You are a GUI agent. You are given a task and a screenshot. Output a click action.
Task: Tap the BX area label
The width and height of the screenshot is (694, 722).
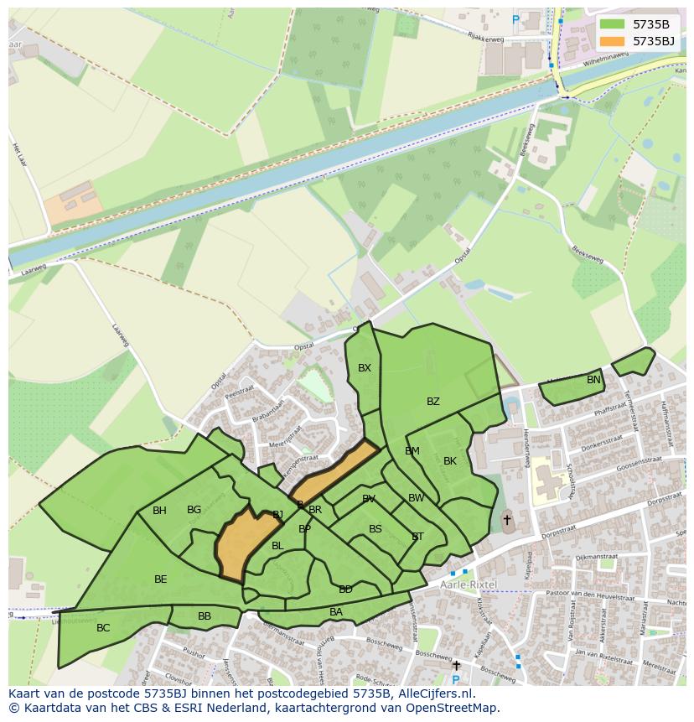pyautogui.click(x=364, y=368)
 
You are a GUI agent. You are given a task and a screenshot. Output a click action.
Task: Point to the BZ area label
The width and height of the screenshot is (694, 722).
pyautogui.click(x=432, y=402)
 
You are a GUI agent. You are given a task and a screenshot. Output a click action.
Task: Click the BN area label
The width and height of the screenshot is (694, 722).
pyautogui.click(x=593, y=380)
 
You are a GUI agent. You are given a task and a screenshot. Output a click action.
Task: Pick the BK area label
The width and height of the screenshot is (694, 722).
pyautogui.click(x=450, y=461)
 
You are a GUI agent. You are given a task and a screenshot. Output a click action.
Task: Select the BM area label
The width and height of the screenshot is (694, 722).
pyautogui.click(x=412, y=451)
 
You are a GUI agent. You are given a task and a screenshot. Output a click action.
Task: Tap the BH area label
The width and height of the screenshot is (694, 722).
pyautogui.click(x=159, y=511)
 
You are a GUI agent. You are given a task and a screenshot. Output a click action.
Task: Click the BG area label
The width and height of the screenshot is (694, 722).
pyautogui.click(x=194, y=510)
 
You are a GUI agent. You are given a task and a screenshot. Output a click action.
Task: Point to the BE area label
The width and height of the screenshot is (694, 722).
pyautogui.click(x=160, y=579)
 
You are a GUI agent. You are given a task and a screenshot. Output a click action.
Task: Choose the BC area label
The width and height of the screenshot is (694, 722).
pyautogui.click(x=103, y=628)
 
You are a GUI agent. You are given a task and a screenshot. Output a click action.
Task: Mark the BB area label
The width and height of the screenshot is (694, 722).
pyautogui.click(x=205, y=616)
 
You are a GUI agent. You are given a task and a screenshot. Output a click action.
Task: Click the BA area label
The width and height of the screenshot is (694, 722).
pyautogui.click(x=336, y=612)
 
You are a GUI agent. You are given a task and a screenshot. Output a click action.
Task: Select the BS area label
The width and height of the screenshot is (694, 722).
pyautogui.click(x=375, y=529)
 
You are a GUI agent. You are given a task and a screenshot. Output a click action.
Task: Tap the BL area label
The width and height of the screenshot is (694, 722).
pyautogui.click(x=277, y=546)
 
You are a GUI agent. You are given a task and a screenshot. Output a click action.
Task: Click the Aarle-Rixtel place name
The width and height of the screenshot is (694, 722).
pyautogui.click(x=469, y=584)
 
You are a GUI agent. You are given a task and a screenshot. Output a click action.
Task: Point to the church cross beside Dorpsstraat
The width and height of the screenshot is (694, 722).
pyautogui.click(x=506, y=521)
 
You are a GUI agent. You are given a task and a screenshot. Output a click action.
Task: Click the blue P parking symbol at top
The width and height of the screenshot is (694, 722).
pyautogui.click(x=515, y=18)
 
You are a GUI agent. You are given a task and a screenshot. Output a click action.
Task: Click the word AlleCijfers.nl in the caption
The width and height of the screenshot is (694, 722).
pyautogui.click(x=434, y=694)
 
